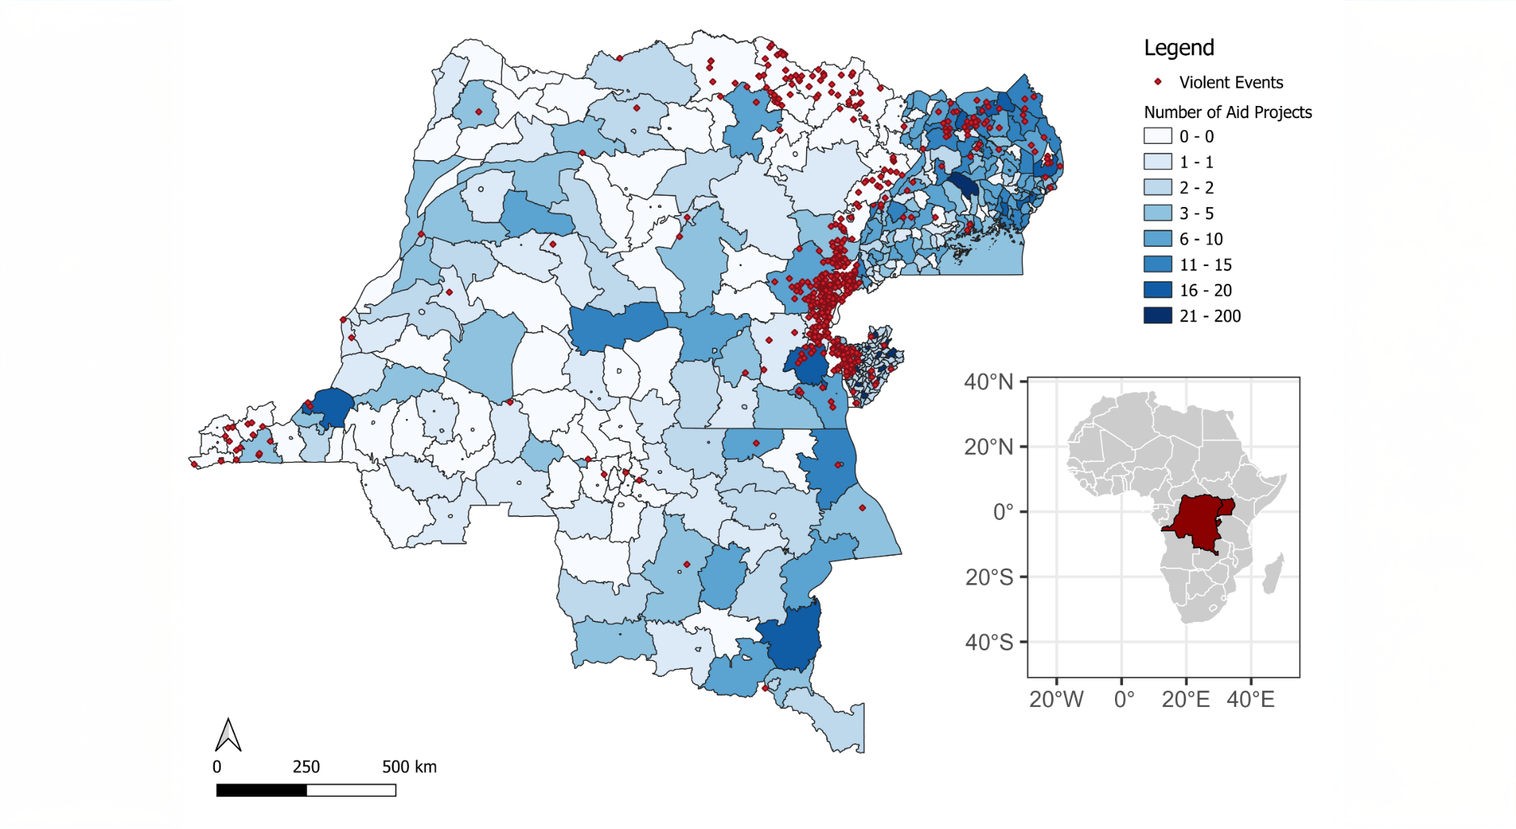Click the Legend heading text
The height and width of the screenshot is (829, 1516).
(x=1178, y=48)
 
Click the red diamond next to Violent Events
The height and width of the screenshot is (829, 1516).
(x=1158, y=82)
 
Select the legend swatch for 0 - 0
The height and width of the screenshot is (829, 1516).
(x=1157, y=136)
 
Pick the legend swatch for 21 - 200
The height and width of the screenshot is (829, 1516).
(x=1157, y=315)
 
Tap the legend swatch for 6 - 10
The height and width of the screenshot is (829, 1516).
(x=1157, y=239)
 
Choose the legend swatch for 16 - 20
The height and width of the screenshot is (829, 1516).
(x=1157, y=290)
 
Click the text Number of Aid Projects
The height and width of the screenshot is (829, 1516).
(x=1227, y=112)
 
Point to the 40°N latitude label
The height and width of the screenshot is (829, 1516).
(x=988, y=382)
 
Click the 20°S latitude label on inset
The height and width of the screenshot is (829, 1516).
(x=988, y=577)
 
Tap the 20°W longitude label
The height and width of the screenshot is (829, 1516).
(x=1055, y=700)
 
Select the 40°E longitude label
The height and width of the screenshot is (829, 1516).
(x=1250, y=700)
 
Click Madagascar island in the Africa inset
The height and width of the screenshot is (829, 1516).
(x=1273, y=573)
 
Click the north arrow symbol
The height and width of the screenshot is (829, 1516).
(x=228, y=735)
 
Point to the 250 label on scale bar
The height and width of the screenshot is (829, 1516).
(x=306, y=767)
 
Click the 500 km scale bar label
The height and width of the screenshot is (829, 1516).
(x=409, y=767)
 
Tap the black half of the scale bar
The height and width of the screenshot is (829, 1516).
(x=261, y=790)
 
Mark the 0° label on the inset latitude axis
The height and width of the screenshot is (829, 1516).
(x=1003, y=512)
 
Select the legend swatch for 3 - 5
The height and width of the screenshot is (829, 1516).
(x=1157, y=213)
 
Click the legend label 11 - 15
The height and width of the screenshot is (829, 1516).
(x=1205, y=264)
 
